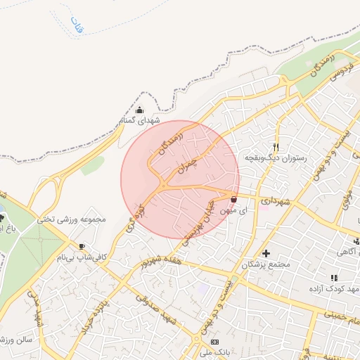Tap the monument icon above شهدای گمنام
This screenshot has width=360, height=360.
[x=139, y=110]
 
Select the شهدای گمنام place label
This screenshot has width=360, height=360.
[x=139, y=121]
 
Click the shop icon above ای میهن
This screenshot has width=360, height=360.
[x=233, y=199]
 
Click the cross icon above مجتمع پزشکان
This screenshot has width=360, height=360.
[x=266, y=253]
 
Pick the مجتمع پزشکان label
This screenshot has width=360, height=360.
[x=266, y=265]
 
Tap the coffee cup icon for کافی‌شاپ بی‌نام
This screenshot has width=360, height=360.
[x=82, y=247]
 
